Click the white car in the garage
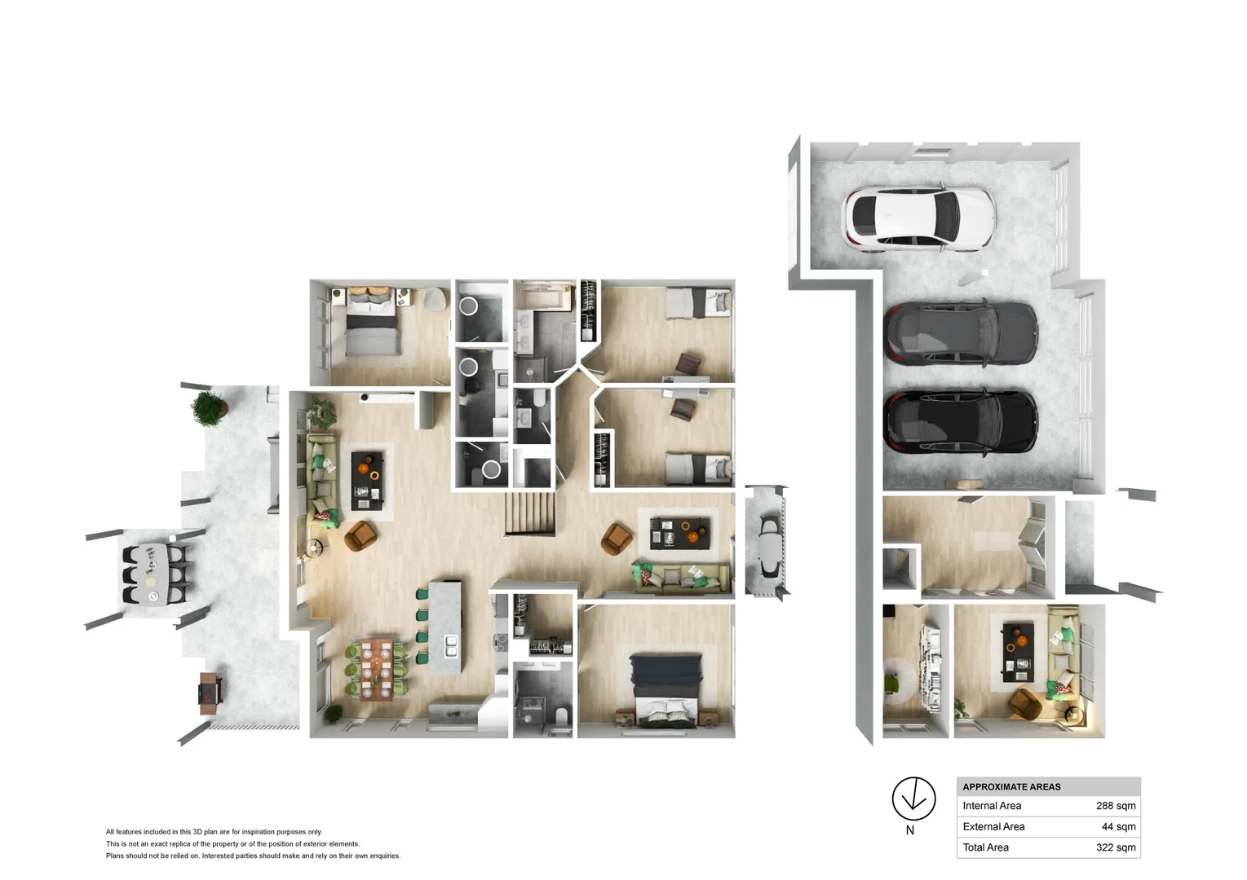pos(918,217)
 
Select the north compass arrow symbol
pos(913,798)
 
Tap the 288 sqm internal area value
pos(1115,806)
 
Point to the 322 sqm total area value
pos(1115,847)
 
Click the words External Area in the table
pos(993,826)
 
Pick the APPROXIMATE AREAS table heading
pos(1011,787)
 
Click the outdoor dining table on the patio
pos(152,574)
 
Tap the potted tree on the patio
pos(209,407)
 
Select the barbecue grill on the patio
pos(210,693)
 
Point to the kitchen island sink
pos(451,645)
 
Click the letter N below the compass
pos(910,830)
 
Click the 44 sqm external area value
pos(1118,826)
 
